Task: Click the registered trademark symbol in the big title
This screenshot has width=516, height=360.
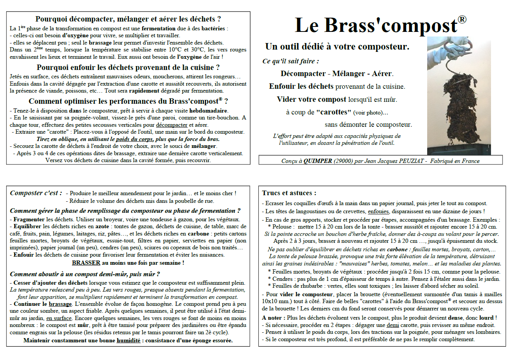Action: pyautogui.click(x=462, y=20)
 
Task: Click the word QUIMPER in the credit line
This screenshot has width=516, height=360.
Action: pyautogui.click(x=318, y=161)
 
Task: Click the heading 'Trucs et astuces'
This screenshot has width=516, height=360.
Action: pyautogui.click(x=289, y=193)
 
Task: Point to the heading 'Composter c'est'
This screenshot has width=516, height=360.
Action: pyautogui.click(x=36, y=193)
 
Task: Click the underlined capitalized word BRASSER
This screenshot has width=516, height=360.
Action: pyautogui.click(x=86, y=263)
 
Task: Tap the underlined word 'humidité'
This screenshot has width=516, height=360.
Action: pyautogui.click(x=128, y=340)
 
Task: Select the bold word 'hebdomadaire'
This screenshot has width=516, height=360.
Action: pyautogui.click(x=209, y=111)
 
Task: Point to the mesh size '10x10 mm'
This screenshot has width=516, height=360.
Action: pyautogui.click(x=277, y=301)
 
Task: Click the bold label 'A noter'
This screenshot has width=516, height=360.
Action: pyautogui.click(x=273, y=318)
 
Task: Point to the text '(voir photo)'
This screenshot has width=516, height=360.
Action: pyautogui.click(x=370, y=113)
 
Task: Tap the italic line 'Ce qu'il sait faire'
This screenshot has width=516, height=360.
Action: pyautogui.click(x=291, y=61)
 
